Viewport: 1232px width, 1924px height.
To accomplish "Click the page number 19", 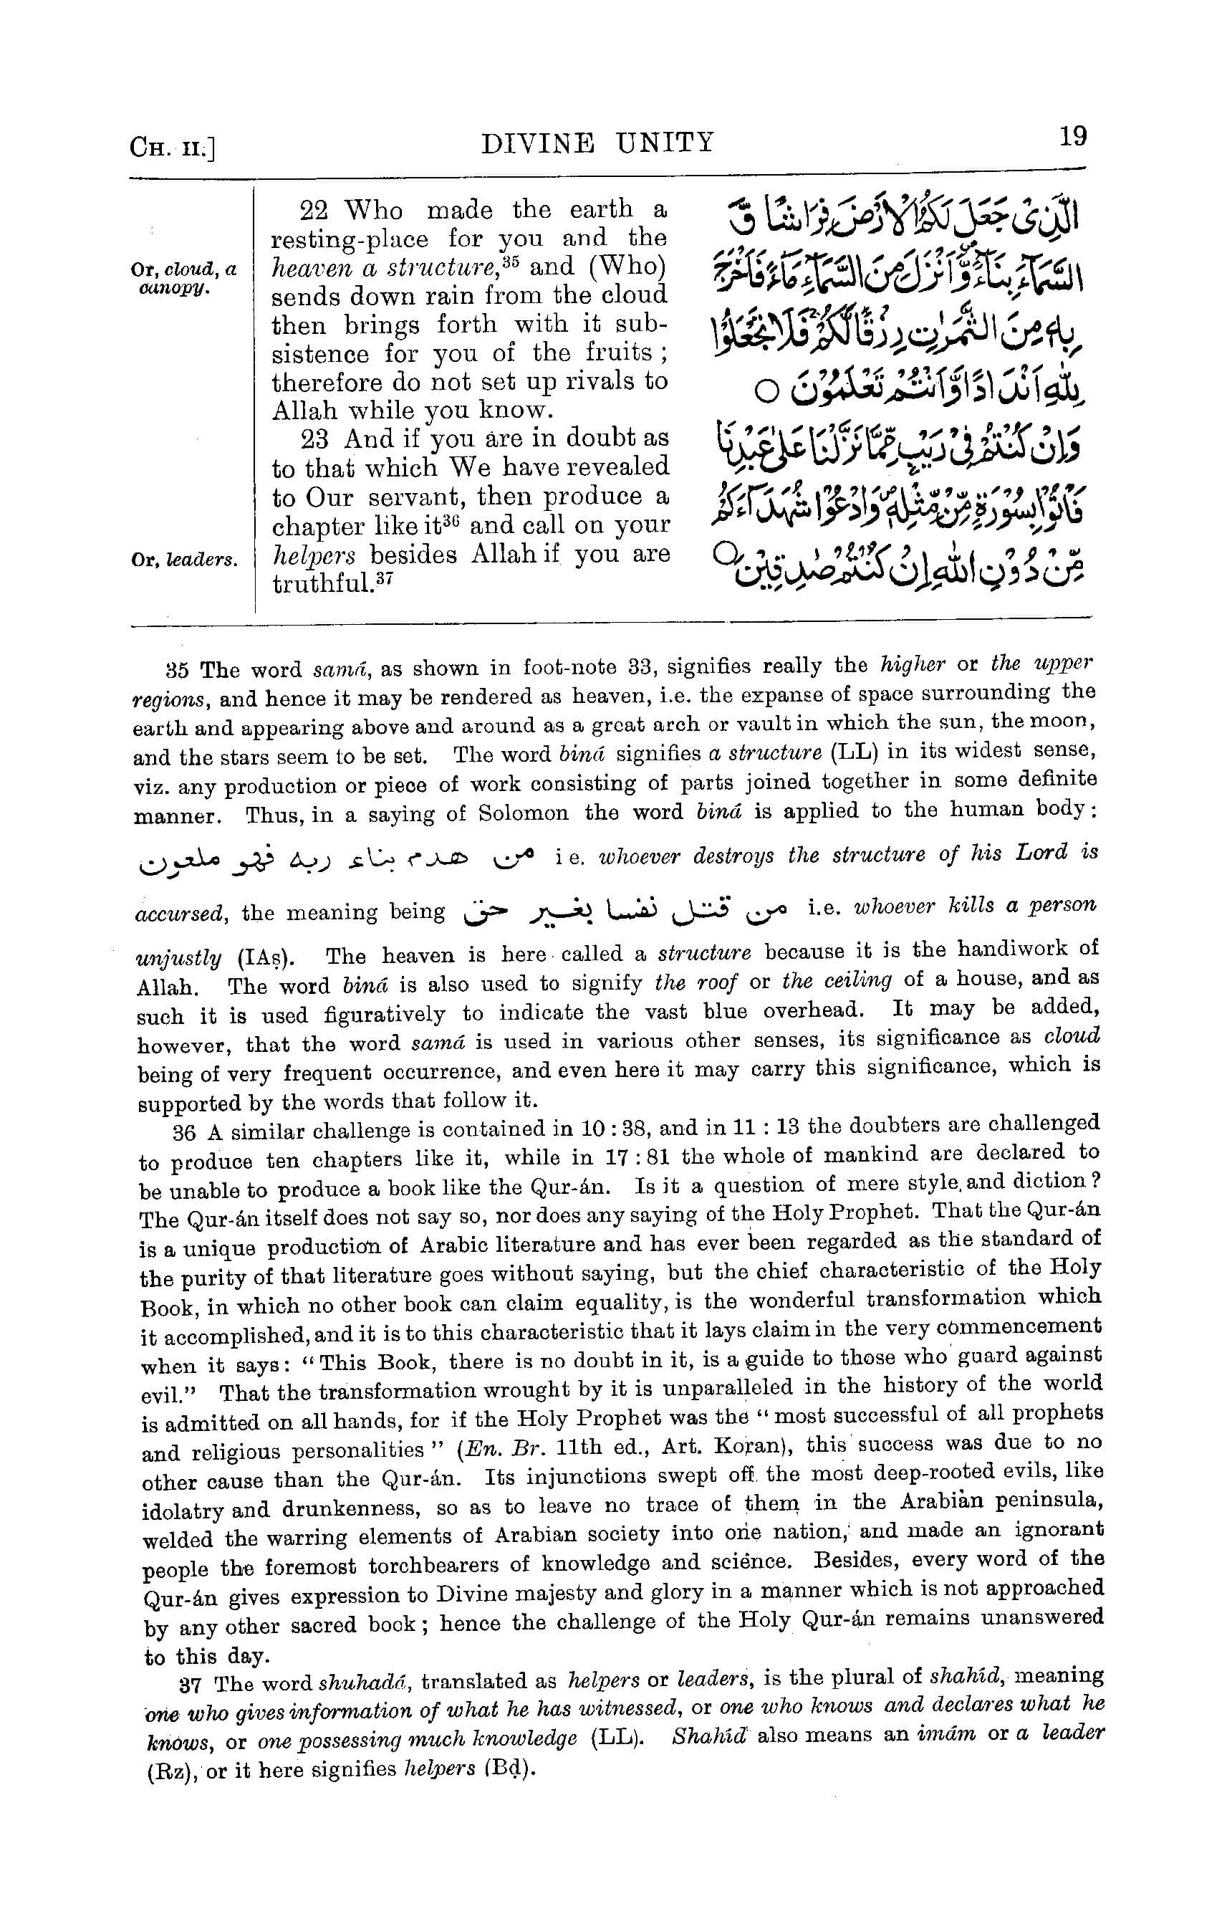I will tap(1072, 137).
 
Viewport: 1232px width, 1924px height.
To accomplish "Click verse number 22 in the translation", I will tap(314, 211).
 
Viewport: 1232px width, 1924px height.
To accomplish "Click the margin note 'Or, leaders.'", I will tap(184, 560).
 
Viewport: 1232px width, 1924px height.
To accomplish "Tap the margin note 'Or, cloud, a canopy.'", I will tap(183, 279).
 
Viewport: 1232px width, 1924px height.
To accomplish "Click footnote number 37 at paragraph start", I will tap(191, 1683).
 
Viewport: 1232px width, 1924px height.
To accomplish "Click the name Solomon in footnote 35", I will tap(523, 814).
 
